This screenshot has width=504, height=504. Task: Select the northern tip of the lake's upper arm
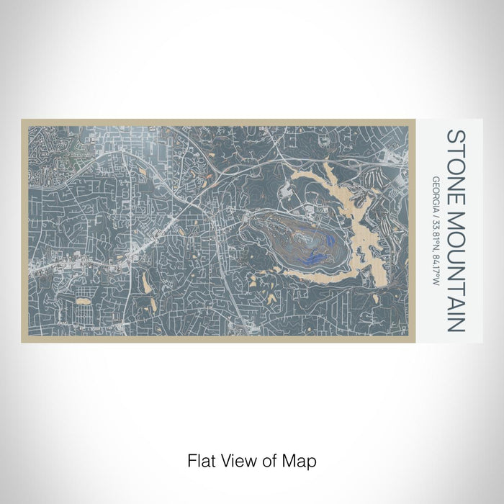327,165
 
